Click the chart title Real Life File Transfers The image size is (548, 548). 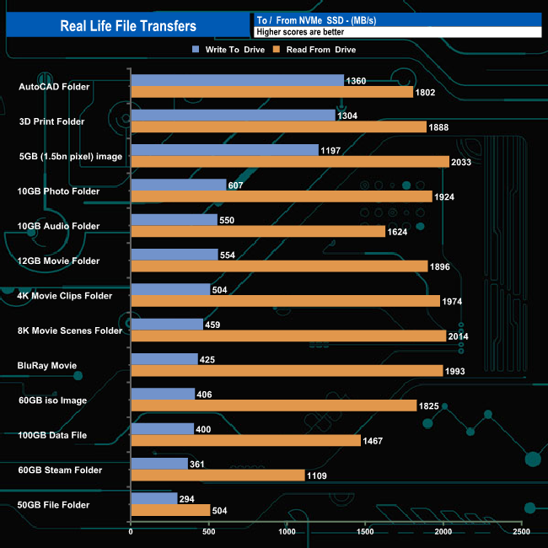[128, 25]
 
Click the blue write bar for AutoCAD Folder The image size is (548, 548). [237, 80]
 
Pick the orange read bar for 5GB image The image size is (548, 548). [290, 162]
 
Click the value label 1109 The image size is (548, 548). [318, 475]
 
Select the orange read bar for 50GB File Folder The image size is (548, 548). [170, 510]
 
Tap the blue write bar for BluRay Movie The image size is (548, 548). [164, 359]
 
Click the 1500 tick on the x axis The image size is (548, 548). [365, 532]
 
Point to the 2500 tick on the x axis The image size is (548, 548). [522, 532]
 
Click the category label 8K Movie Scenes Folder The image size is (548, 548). [70, 330]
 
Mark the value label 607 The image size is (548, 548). [237, 185]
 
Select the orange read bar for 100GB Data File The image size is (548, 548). [245, 441]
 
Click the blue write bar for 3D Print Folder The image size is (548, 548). [233, 116]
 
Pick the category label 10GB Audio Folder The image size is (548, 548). [59, 226]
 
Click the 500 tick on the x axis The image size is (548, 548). [209, 532]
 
